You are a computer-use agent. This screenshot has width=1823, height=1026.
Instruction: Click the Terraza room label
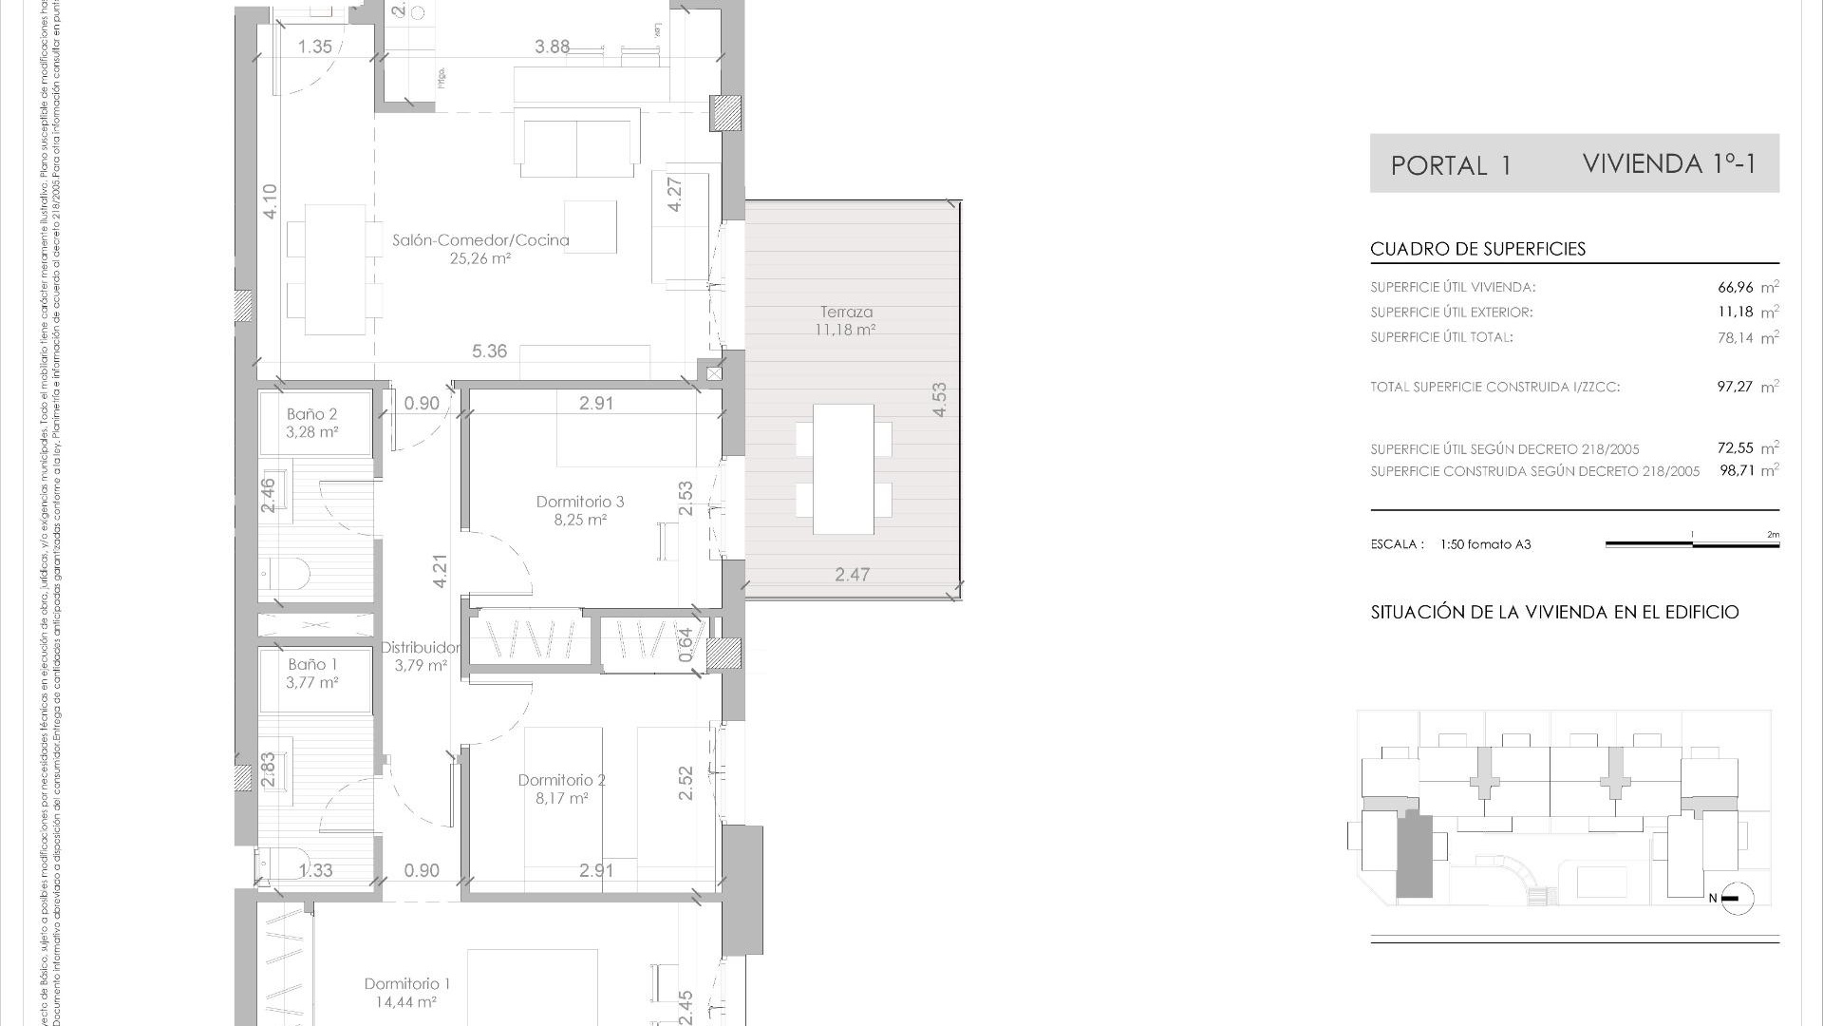846,312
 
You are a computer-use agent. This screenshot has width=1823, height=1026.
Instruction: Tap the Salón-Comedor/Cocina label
480,240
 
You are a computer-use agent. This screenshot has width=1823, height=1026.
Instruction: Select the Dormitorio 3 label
580,502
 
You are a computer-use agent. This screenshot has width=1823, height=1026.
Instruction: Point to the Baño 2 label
312,414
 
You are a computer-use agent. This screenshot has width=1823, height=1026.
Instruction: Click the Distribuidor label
421,648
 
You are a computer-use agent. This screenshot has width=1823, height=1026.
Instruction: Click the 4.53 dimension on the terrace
939,400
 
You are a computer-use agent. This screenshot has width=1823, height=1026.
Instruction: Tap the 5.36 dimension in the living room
489,351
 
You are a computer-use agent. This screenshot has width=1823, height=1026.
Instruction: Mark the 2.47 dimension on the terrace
852,575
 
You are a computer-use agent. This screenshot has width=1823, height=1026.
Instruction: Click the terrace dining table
844,469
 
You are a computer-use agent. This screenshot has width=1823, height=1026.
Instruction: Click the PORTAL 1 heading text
1451,166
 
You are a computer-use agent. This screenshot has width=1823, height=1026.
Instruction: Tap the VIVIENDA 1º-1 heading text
1669,163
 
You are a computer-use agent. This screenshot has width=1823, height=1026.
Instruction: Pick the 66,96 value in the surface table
1735,287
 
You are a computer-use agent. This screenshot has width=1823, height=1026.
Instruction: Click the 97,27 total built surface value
1735,387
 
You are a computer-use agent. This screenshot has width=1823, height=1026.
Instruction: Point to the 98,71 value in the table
1737,471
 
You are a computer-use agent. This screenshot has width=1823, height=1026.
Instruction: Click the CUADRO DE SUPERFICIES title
1477,249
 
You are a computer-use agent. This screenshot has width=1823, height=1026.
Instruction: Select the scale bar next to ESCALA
1692,544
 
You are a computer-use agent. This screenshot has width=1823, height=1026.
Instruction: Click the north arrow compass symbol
1736,898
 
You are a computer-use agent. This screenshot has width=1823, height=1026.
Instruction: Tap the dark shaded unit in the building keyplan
1414,856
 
